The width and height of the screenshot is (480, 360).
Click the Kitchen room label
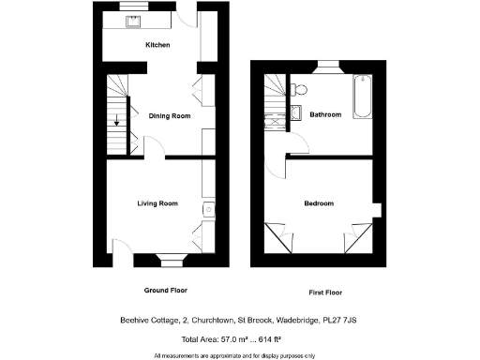[x=157, y=44]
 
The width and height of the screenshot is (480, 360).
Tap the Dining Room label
[x=170, y=115]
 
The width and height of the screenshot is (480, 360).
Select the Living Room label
[x=157, y=203]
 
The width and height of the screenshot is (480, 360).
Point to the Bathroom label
[x=325, y=114]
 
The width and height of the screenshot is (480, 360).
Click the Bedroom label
[x=319, y=203]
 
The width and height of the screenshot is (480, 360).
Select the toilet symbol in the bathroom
[x=299, y=90]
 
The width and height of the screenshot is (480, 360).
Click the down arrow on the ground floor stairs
[x=116, y=120]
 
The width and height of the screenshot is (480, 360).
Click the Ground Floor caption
[x=162, y=291]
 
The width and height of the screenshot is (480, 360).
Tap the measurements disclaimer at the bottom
[x=234, y=354]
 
